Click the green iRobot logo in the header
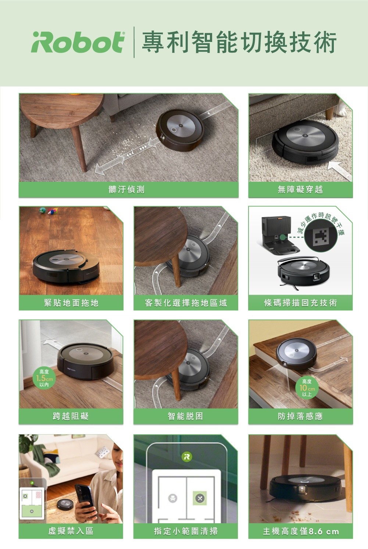coord(78,42)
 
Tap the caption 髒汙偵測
coord(126,190)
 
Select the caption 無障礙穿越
coord(300,190)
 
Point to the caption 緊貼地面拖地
coord(71,303)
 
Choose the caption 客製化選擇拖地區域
coord(186,303)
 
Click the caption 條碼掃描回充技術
coord(300,303)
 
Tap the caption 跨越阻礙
coord(71,416)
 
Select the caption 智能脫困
coord(185,416)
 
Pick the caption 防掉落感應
coord(300,416)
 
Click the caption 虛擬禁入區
coord(71,531)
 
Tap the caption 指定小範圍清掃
coord(186,531)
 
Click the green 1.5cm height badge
coord(44,378)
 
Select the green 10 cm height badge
coord(307,388)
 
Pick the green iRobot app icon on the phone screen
coord(186,456)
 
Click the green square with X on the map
coord(200,498)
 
